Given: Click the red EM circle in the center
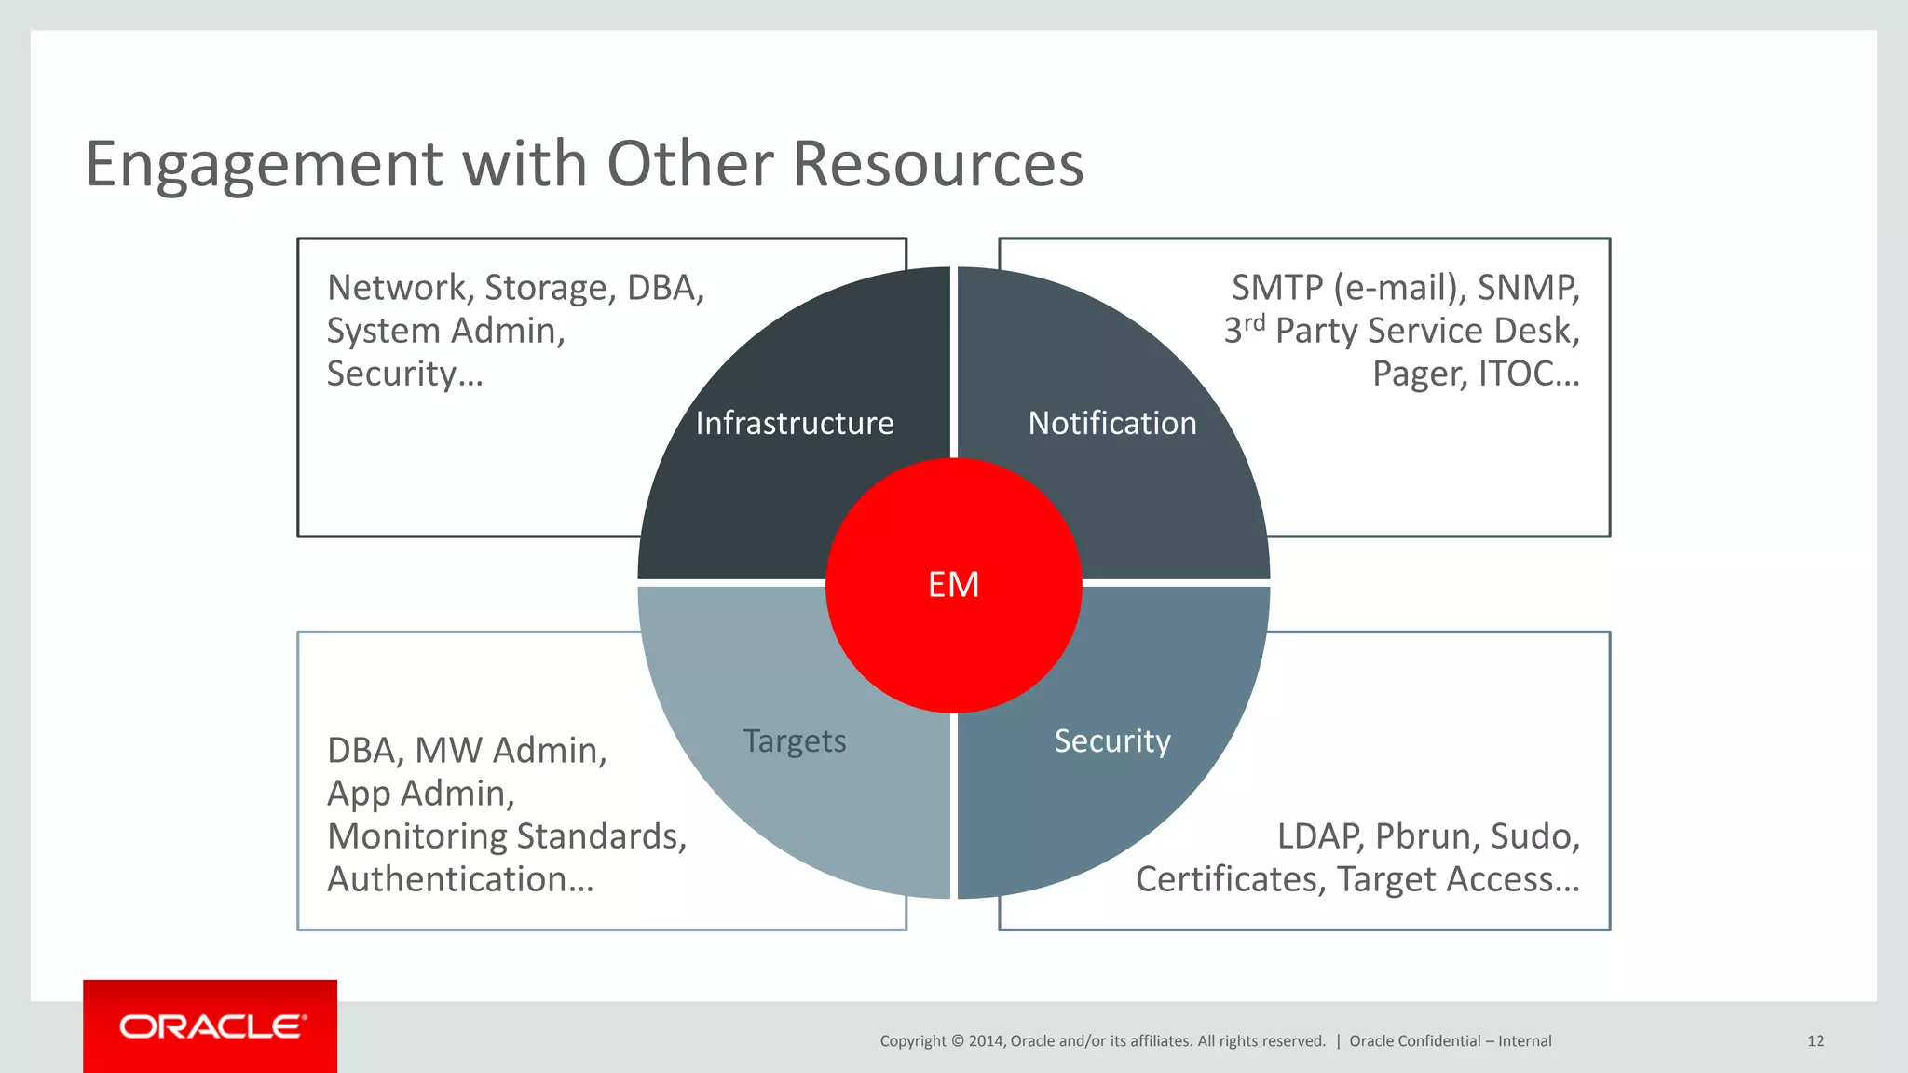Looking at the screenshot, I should click(953, 585).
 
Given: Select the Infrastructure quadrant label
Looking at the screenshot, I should click(795, 424).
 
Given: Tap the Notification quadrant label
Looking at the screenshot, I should click(1112, 424).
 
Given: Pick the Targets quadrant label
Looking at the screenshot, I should click(795, 741).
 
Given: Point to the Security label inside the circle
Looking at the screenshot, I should click(1112, 741).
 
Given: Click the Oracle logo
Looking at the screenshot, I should click(211, 1026).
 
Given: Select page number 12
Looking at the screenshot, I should click(1816, 1041).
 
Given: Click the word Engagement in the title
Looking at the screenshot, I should click(263, 166).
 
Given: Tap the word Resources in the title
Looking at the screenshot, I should click(938, 164).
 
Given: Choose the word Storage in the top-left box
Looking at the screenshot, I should click(551, 289).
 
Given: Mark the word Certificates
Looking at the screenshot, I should click(1230, 879).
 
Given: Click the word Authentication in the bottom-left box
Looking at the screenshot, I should click(460, 879).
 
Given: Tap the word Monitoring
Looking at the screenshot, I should click(416, 837).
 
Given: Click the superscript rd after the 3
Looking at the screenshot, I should click(1254, 322).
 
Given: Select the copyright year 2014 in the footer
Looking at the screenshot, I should click(986, 1041).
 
